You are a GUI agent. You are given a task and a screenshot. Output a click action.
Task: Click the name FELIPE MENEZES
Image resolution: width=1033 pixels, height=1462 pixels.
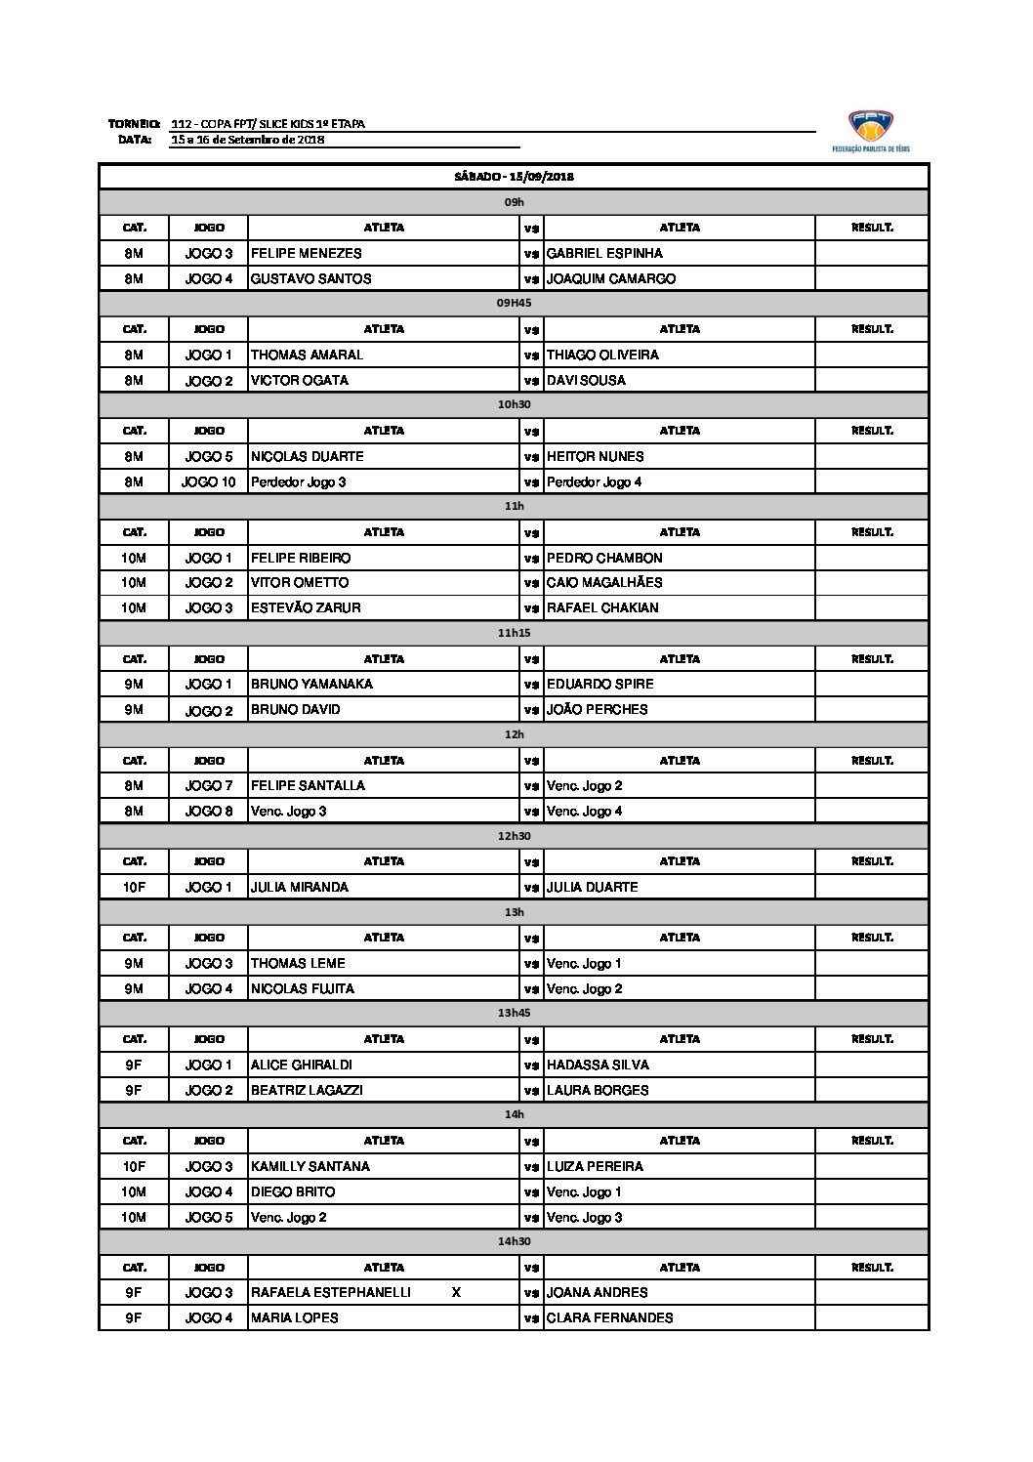[x=307, y=253]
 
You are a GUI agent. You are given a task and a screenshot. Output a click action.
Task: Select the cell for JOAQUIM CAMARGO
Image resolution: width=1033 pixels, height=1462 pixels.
[x=611, y=278]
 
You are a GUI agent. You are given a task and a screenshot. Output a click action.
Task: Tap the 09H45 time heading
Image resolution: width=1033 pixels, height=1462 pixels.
[x=514, y=304]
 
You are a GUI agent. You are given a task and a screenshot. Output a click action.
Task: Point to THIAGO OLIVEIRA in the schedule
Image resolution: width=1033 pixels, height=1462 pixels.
[x=602, y=355]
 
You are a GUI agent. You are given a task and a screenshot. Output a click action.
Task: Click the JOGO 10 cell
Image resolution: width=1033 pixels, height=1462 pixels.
[x=208, y=481]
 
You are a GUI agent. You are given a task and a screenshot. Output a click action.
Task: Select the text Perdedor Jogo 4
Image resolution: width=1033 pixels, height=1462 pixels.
[x=594, y=481]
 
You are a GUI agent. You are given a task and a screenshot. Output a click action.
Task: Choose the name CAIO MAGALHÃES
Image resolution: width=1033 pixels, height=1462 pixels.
[x=604, y=582]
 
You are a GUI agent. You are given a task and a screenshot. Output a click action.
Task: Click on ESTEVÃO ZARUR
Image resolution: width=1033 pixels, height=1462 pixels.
[x=306, y=607]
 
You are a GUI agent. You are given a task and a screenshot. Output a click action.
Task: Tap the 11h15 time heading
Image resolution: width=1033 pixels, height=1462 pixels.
[x=514, y=633]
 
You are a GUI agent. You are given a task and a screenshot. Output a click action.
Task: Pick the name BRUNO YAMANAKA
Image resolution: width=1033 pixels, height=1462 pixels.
[x=311, y=684]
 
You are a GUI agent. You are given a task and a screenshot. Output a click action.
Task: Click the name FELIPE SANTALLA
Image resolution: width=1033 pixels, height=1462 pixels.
[x=308, y=785]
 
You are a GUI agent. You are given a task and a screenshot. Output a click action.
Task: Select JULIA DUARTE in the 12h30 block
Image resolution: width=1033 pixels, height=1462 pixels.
[x=592, y=887]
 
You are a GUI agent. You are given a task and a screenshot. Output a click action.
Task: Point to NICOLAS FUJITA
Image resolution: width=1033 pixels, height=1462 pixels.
[x=303, y=988]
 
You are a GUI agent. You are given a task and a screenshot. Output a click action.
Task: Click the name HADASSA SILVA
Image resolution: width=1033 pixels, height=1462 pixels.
[x=598, y=1065]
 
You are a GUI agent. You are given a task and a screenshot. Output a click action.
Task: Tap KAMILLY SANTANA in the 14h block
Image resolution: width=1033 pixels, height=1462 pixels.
[x=310, y=1166]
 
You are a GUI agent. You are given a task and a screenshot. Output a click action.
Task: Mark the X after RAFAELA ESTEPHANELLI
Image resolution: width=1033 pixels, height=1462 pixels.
[x=456, y=1292]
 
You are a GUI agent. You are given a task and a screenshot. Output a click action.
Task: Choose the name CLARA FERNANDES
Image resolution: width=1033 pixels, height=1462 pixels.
[x=609, y=1317]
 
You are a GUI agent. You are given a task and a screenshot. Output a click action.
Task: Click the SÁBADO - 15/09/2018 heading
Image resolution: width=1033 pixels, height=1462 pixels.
[x=514, y=177]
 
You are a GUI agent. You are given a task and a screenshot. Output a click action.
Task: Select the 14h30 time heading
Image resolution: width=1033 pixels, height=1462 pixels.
[x=514, y=1241]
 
